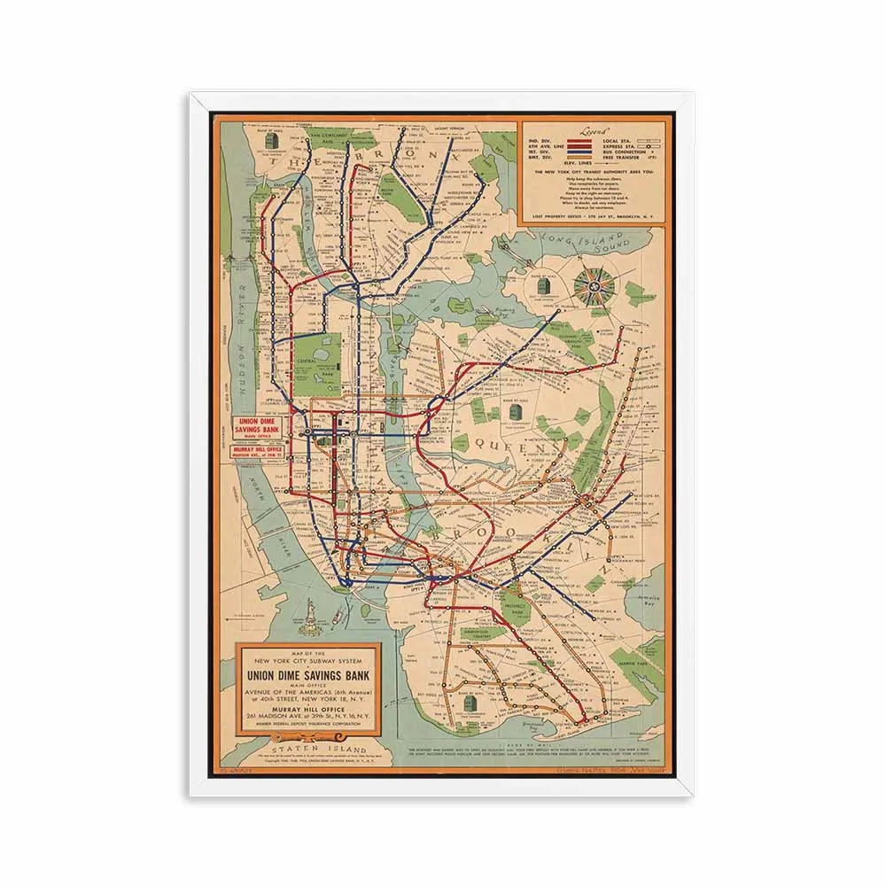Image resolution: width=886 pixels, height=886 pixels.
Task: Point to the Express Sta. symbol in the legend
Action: click(x=649, y=146)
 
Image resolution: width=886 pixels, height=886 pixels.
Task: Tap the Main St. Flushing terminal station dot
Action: click(x=558, y=312)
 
